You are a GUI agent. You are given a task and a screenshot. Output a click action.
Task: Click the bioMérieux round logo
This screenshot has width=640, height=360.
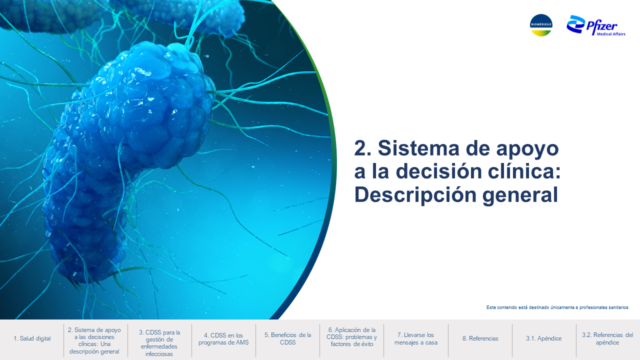coord(541,25)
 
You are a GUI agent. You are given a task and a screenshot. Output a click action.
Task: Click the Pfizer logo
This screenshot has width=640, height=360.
coord(596,25)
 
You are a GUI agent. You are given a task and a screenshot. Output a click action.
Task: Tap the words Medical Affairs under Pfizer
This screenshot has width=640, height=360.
coord(611,34)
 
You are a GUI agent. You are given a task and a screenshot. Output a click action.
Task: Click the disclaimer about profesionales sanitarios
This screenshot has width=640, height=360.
coord(557,307)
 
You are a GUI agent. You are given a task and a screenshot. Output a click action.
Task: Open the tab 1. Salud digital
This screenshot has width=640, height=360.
coord(32,338)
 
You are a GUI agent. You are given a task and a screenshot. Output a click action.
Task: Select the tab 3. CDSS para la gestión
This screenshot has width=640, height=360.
coord(159,343)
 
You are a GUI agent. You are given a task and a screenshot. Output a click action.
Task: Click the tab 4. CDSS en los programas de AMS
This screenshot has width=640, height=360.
coord(223,339)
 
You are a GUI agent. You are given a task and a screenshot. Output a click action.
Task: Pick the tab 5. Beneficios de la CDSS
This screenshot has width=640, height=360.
coord(287,338)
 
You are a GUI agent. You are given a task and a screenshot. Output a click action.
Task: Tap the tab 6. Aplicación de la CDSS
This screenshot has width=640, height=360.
coord(351,337)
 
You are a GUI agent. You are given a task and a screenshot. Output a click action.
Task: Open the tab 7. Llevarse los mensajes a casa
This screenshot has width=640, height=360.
coord(415,338)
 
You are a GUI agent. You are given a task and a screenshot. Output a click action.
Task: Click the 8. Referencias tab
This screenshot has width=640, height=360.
coord(480,338)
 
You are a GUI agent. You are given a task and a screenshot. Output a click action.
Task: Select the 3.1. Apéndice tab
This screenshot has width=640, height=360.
coord(543,338)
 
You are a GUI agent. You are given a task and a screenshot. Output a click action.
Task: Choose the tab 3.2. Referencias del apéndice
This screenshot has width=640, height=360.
coord(607,338)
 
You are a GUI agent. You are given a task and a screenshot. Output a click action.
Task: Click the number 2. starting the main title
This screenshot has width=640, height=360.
coord(363,148)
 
